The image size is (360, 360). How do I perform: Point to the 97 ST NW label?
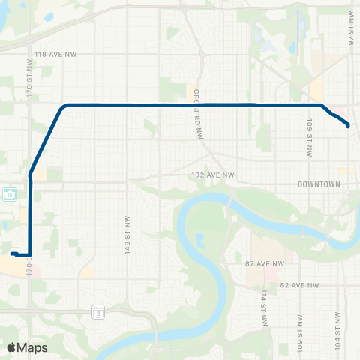(350, 30)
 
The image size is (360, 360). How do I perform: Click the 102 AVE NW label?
(212, 175)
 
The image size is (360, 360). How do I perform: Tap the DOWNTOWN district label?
(319, 184)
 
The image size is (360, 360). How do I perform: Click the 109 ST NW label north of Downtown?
(310, 136)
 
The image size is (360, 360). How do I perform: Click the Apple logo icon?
(11, 347)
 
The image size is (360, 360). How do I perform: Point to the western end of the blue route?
(13, 253)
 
